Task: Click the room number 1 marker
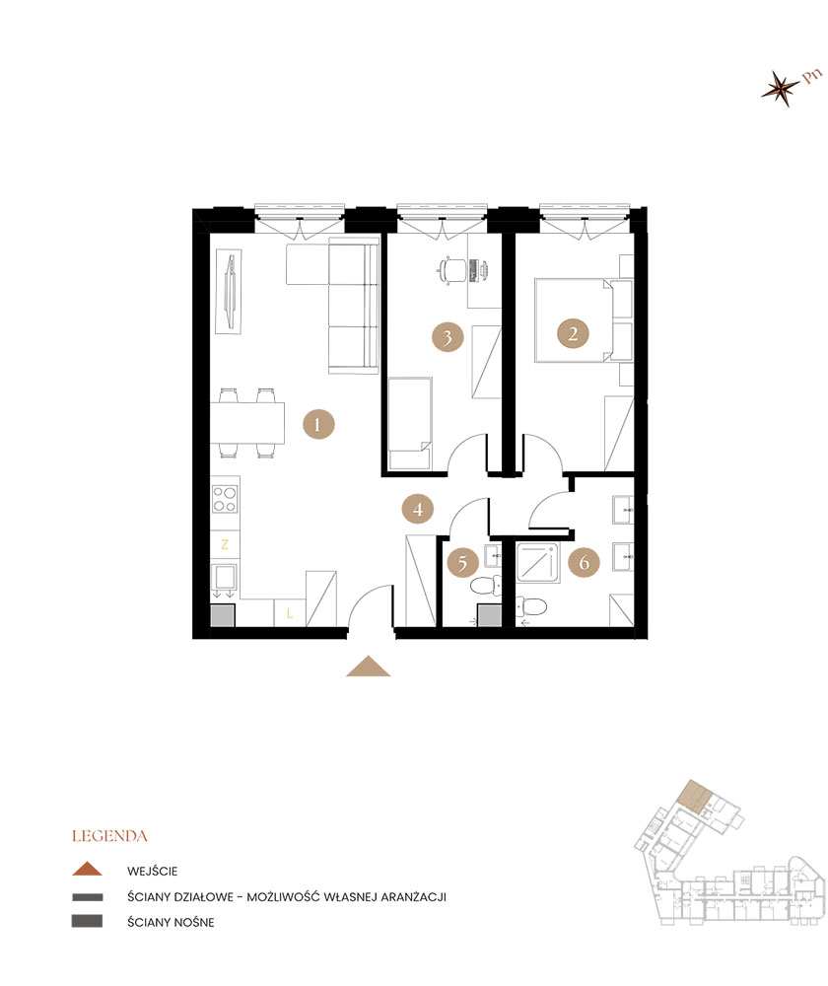pyautogui.click(x=318, y=424)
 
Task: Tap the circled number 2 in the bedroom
pyautogui.click(x=573, y=333)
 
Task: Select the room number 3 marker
pyautogui.click(x=447, y=337)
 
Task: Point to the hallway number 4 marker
pyautogui.click(x=418, y=509)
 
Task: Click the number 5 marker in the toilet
pyautogui.click(x=462, y=563)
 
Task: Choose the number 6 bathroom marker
pyautogui.click(x=585, y=562)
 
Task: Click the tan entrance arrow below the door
pyautogui.click(x=369, y=667)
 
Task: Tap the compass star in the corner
pyautogui.click(x=781, y=89)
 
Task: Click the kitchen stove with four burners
pyautogui.click(x=225, y=499)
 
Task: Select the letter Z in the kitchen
pyautogui.click(x=225, y=544)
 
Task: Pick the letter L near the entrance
pyautogui.click(x=289, y=612)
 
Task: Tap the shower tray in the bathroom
pyautogui.click(x=537, y=562)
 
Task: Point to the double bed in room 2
pyautogui.click(x=574, y=320)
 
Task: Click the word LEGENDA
pyautogui.click(x=109, y=836)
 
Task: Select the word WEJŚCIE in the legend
pyautogui.click(x=152, y=871)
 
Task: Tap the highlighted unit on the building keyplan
pyautogui.click(x=694, y=796)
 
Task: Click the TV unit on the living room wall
pyautogui.click(x=229, y=291)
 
